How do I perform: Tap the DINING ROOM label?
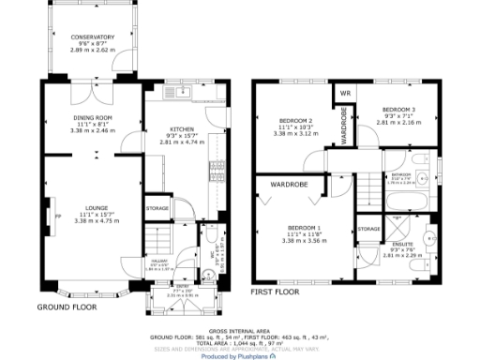click(93, 118)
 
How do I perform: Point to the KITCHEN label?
click(181, 130)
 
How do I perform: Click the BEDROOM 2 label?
click(295, 122)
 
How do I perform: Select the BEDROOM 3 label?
click(399, 110)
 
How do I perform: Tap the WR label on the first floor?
click(344, 93)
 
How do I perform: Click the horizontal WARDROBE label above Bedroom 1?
click(290, 185)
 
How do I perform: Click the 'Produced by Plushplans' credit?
click(239, 355)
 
